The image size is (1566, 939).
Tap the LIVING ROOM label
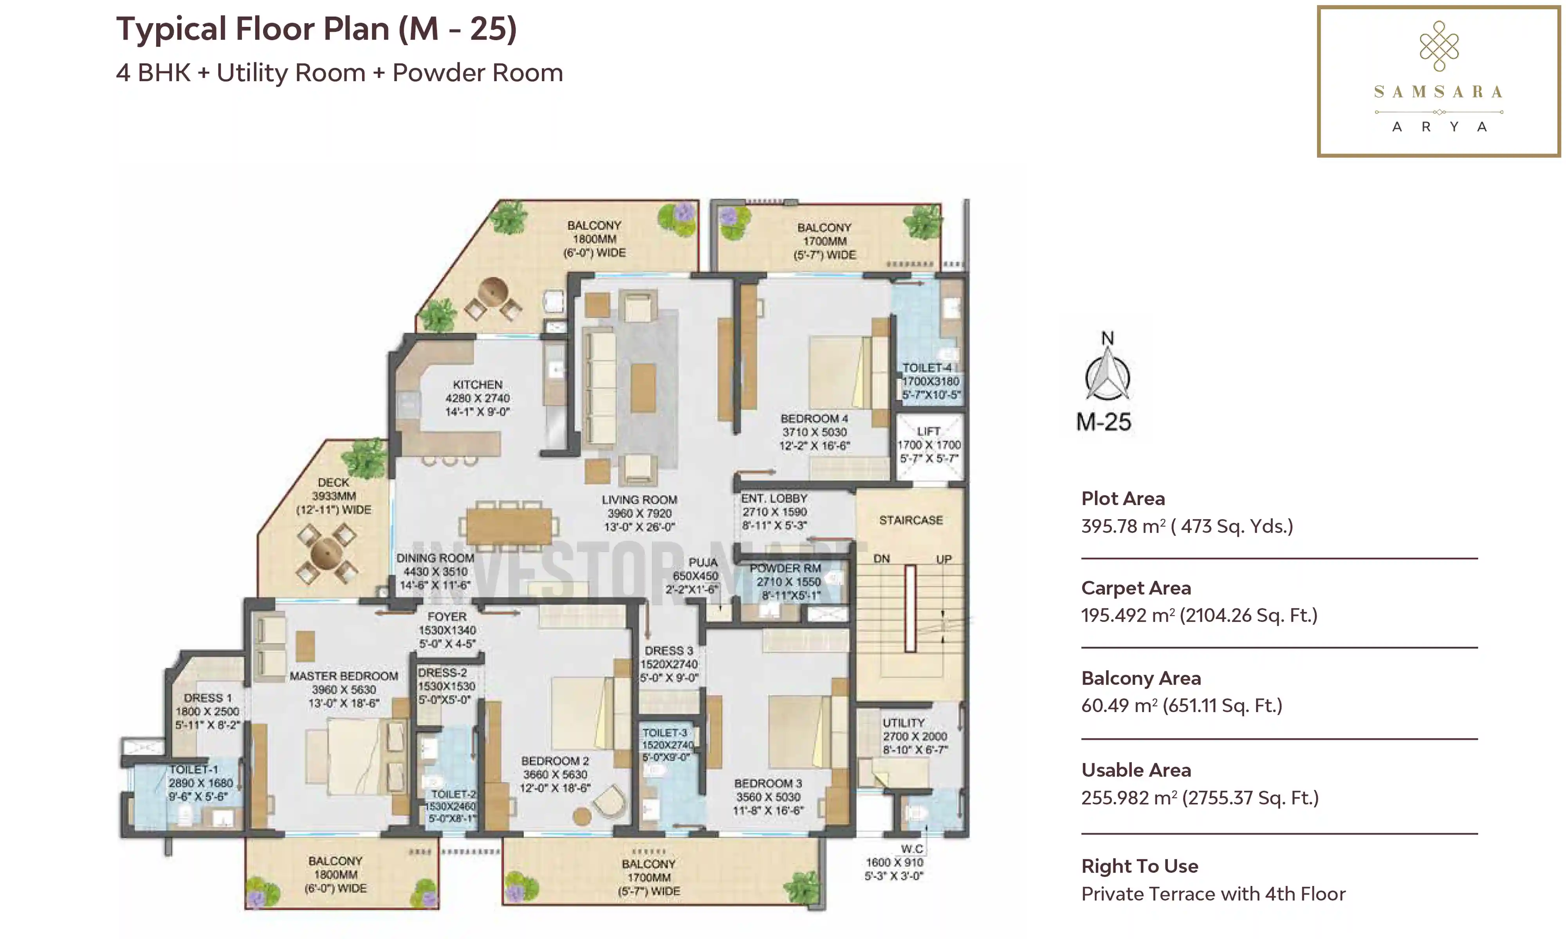coord(639,500)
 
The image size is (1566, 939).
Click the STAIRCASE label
coord(911,520)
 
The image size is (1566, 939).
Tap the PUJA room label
coord(703,563)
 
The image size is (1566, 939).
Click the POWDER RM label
coord(785,568)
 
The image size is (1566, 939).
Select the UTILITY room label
coord(904,723)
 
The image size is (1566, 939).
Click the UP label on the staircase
coord(944,559)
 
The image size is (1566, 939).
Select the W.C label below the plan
coord(912,849)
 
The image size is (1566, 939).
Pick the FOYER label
coord(447,616)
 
